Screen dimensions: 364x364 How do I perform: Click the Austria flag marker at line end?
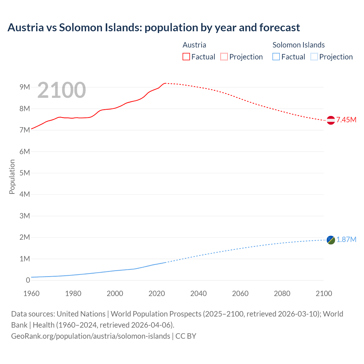pos(331,120)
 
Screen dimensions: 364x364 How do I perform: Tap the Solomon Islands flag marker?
pos(331,240)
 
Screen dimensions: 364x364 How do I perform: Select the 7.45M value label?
pos(346,120)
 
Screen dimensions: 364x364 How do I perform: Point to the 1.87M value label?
pos(346,239)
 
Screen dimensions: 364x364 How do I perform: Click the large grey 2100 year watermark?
pos(61,90)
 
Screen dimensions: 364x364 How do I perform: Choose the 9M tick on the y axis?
pos(25,87)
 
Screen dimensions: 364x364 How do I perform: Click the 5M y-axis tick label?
pos(25,173)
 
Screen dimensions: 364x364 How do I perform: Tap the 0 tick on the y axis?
pos(28,280)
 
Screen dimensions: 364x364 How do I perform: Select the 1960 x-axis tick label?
pos(31,293)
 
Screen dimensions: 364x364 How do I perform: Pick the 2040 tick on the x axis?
pos(198,293)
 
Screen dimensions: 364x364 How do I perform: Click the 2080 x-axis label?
pos(282,293)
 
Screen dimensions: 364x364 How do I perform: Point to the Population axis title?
pos(12,177)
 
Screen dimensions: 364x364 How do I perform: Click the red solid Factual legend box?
pos(186,57)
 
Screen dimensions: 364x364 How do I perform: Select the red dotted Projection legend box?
pos(224,57)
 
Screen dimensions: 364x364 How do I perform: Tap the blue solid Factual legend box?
pos(276,57)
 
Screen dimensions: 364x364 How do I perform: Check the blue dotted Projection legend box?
pos(314,57)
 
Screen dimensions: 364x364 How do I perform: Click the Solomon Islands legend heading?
pos(299,45)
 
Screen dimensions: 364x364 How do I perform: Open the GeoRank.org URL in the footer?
pos(90,336)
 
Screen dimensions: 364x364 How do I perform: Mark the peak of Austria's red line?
pos(165,83)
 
